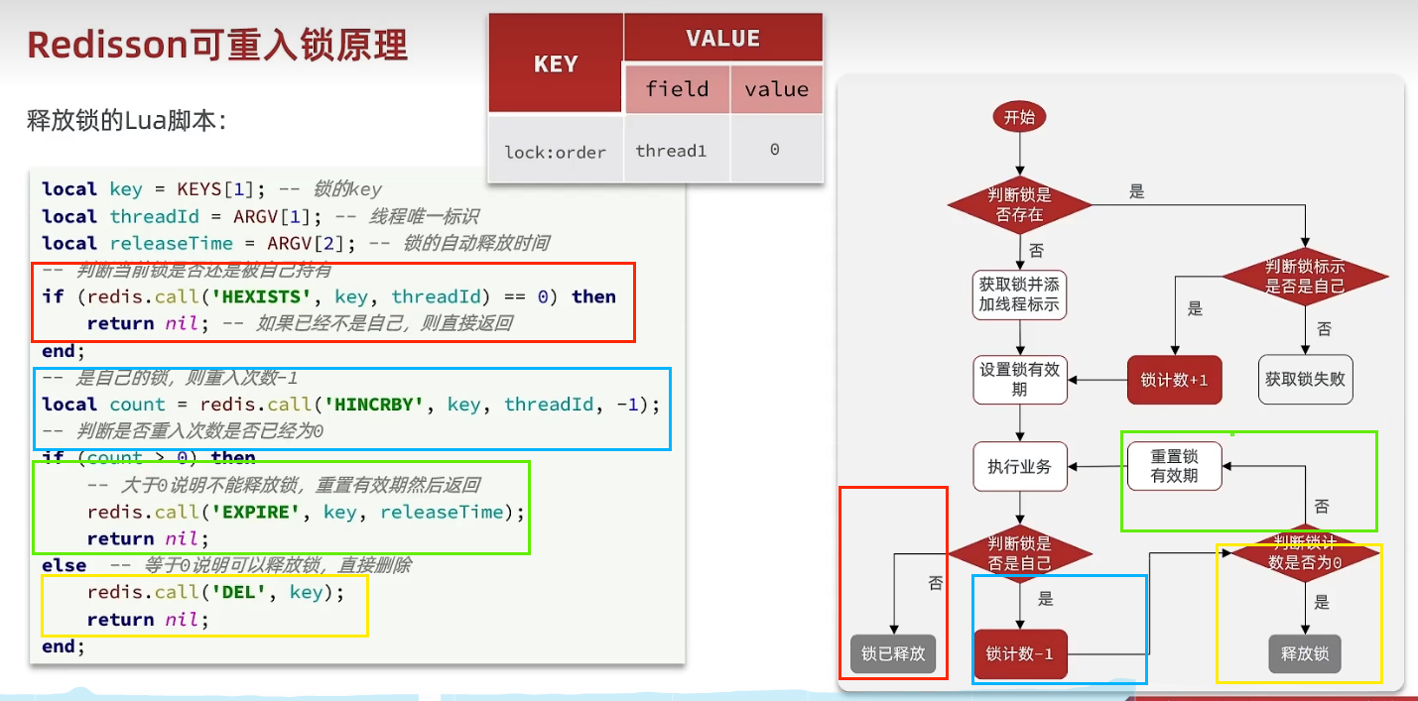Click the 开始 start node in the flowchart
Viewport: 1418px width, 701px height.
pos(1019,117)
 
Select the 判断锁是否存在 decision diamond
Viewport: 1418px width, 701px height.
pos(1020,204)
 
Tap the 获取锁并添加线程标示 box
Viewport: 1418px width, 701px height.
pos(1020,294)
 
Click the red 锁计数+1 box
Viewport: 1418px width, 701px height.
pos(1175,380)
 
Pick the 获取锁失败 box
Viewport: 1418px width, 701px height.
pos(1305,380)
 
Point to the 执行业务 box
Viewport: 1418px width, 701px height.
pos(1020,466)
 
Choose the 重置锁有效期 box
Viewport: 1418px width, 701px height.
pos(1175,466)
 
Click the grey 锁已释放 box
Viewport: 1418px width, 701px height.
pos(893,653)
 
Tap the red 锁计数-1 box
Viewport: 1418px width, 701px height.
pos(1020,653)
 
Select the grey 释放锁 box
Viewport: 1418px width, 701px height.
pos(1305,653)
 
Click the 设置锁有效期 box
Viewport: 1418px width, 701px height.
pos(1020,380)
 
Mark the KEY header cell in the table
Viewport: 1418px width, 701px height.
pos(556,64)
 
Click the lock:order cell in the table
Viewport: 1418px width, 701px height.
pos(556,152)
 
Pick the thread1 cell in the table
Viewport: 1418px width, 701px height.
pos(672,151)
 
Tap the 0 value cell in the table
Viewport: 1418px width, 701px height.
pos(775,150)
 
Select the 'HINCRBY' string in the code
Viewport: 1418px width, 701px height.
pos(383,405)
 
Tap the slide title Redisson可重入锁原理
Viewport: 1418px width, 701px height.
pos(217,46)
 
